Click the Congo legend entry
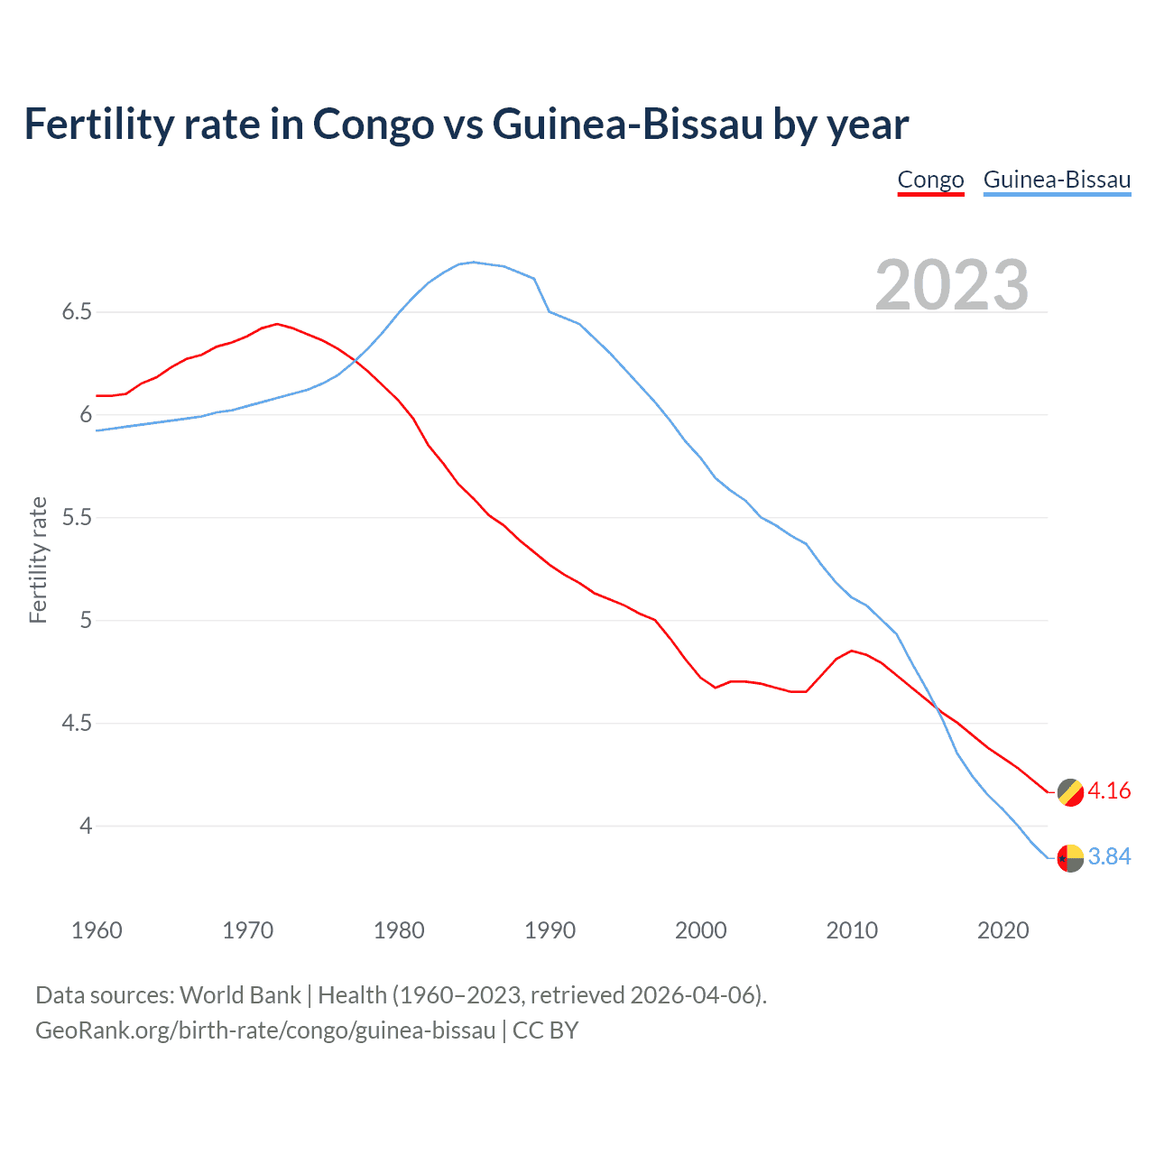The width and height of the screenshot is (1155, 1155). pyautogui.click(x=930, y=180)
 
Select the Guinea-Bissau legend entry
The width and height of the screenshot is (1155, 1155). pyautogui.click(x=1057, y=180)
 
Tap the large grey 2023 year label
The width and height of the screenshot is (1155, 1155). pyautogui.click(x=952, y=285)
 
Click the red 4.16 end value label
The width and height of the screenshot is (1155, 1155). pyautogui.click(x=1109, y=791)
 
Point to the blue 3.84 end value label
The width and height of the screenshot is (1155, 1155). pyautogui.click(x=1109, y=857)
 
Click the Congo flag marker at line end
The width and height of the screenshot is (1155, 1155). pyautogui.click(x=1070, y=792)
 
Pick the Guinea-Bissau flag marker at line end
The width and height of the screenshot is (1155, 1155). pyautogui.click(x=1070, y=857)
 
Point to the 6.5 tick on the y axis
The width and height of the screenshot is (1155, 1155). pyautogui.click(x=77, y=312)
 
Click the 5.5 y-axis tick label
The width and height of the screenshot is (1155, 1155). pyautogui.click(x=77, y=518)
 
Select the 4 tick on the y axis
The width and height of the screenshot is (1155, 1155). pyautogui.click(x=86, y=826)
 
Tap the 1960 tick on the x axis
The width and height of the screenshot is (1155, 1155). pyautogui.click(x=97, y=930)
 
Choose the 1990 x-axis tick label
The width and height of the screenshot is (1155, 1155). pyautogui.click(x=550, y=930)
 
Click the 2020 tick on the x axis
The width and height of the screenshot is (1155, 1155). pyautogui.click(x=1003, y=930)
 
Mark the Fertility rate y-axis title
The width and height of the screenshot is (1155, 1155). pyautogui.click(x=38, y=559)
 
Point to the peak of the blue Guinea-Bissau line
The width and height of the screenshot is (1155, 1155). pyautogui.click(x=474, y=263)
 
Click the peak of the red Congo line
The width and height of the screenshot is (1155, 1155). pyautogui.click(x=277, y=324)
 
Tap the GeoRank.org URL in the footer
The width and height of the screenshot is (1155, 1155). pyautogui.click(x=265, y=1030)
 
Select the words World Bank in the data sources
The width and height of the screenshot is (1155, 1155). pyautogui.click(x=240, y=995)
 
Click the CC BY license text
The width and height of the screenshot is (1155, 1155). pyautogui.click(x=545, y=1030)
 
